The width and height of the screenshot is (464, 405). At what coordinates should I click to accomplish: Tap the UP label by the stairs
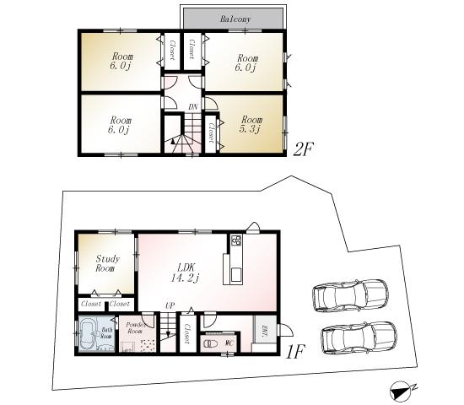click(170, 305)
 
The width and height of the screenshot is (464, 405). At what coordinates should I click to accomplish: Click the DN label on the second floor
click(192, 106)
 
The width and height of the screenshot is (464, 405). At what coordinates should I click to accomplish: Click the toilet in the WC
click(210, 343)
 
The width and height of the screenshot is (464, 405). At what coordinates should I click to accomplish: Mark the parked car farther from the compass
click(351, 296)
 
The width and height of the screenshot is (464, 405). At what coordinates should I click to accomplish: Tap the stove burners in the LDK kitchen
click(235, 241)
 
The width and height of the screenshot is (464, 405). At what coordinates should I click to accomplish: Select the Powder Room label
click(136, 328)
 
